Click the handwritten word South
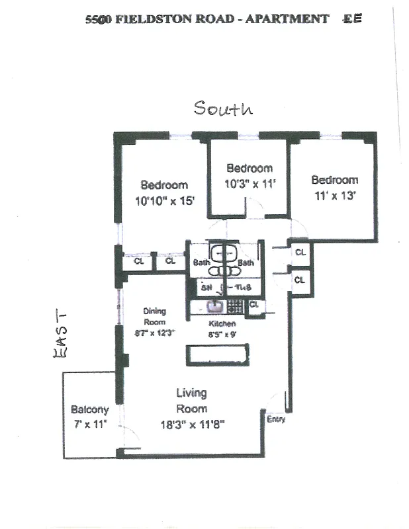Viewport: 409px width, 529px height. coord(223,108)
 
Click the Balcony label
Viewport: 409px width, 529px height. coord(89,410)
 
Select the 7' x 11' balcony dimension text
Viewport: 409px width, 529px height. coord(89,424)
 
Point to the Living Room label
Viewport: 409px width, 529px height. coord(191,401)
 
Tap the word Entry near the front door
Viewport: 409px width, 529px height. coord(276,420)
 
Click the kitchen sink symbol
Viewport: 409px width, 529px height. coord(213,306)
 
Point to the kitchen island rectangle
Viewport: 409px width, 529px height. coord(218,354)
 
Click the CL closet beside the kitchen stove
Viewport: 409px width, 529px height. coord(253,305)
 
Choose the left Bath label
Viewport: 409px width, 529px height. coord(201,263)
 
